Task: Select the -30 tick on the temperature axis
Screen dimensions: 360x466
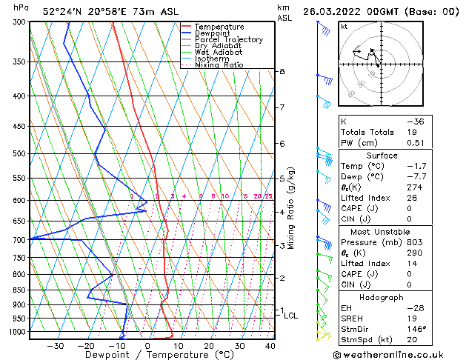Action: coord(56,345)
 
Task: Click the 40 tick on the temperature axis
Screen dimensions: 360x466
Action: coord(269,345)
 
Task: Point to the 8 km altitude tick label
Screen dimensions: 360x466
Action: coord(282,71)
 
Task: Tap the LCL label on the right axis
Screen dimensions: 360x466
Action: coord(290,316)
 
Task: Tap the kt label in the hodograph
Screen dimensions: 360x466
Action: coord(344,27)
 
